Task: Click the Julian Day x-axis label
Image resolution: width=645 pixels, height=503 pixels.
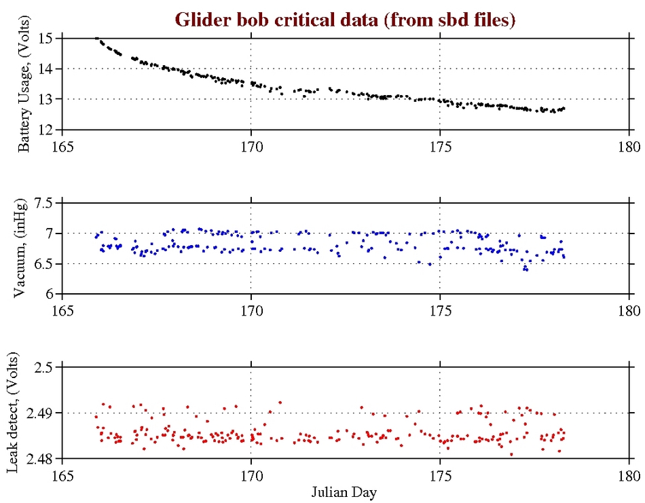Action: (x=345, y=491)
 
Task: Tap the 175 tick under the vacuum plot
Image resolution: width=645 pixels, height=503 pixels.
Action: (x=440, y=309)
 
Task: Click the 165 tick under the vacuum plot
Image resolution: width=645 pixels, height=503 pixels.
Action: (x=62, y=309)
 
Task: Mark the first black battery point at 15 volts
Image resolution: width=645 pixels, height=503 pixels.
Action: (x=96, y=39)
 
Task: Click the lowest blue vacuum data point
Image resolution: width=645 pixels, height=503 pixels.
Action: (x=525, y=269)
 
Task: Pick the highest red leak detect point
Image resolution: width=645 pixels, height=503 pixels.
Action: (x=280, y=402)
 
